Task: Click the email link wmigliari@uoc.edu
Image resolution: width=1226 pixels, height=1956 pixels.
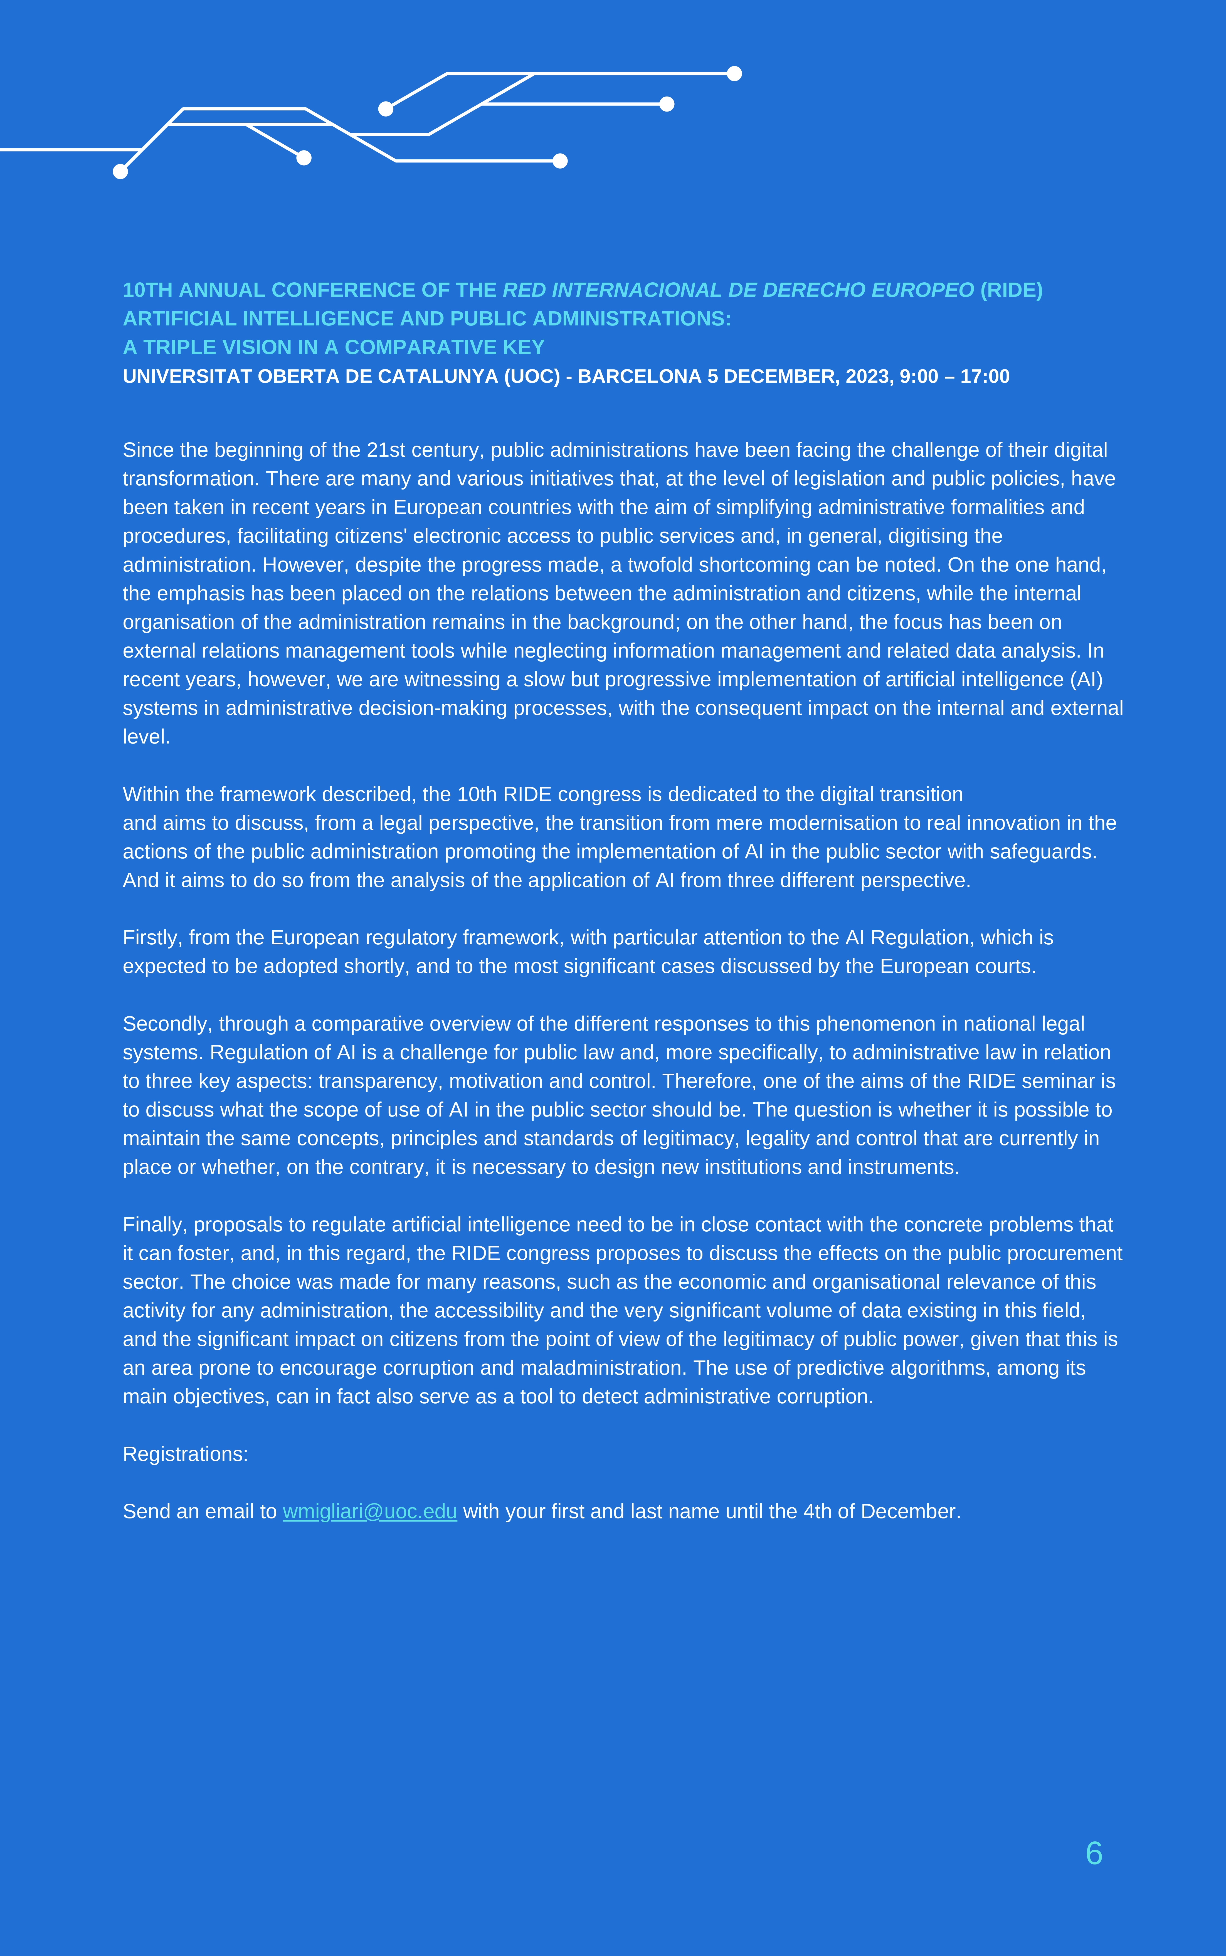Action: point(370,1512)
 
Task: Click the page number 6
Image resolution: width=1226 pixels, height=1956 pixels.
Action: point(1094,1853)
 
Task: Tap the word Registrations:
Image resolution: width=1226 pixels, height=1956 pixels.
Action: point(185,1454)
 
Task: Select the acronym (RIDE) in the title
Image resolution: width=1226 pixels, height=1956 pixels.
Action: point(1011,290)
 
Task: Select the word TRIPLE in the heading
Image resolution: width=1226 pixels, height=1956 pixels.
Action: point(178,348)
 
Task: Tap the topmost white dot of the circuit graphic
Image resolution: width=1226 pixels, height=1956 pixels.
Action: point(735,74)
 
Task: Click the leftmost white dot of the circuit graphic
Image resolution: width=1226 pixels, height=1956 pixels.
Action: point(120,171)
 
